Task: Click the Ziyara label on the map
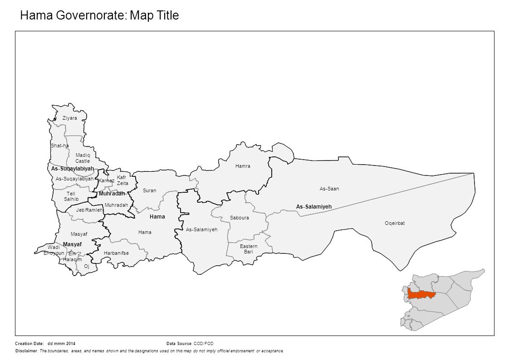[x=70, y=118]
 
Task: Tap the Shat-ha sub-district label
[x=59, y=146]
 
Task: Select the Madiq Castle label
[x=83, y=158]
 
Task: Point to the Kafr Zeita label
[x=122, y=180]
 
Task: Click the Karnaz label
[x=107, y=180]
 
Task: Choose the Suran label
[x=149, y=190]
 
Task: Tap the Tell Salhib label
[x=71, y=196]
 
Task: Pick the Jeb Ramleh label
[x=90, y=210]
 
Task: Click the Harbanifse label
[x=117, y=253]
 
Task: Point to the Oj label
[x=86, y=267]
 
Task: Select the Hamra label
[x=243, y=166]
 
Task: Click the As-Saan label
[x=329, y=189]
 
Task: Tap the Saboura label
[x=239, y=218]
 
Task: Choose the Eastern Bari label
[x=249, y=249]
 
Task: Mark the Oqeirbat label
[x=394, y=223]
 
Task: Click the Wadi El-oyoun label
[x=54, y=250]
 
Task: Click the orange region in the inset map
[x=421, y=294]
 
